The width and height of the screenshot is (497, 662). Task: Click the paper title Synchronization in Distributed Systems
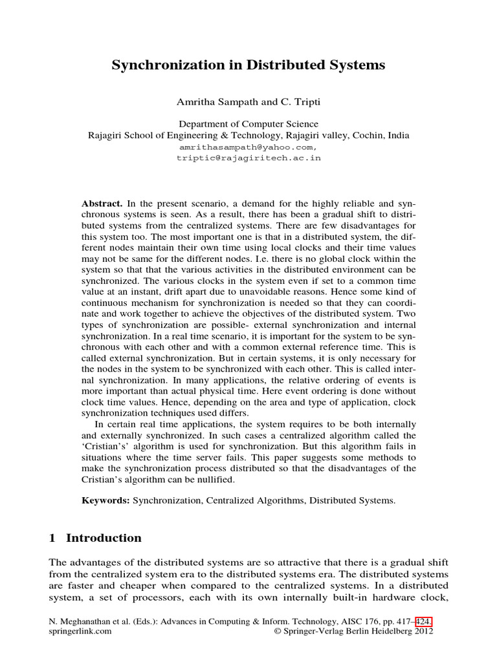[x=248, y=65]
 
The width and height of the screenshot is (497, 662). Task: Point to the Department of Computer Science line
[x=248, y=124]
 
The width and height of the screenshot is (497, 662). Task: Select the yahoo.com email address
[x=248, y=147]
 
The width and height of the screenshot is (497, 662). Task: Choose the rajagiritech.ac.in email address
[x=248, y=158]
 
